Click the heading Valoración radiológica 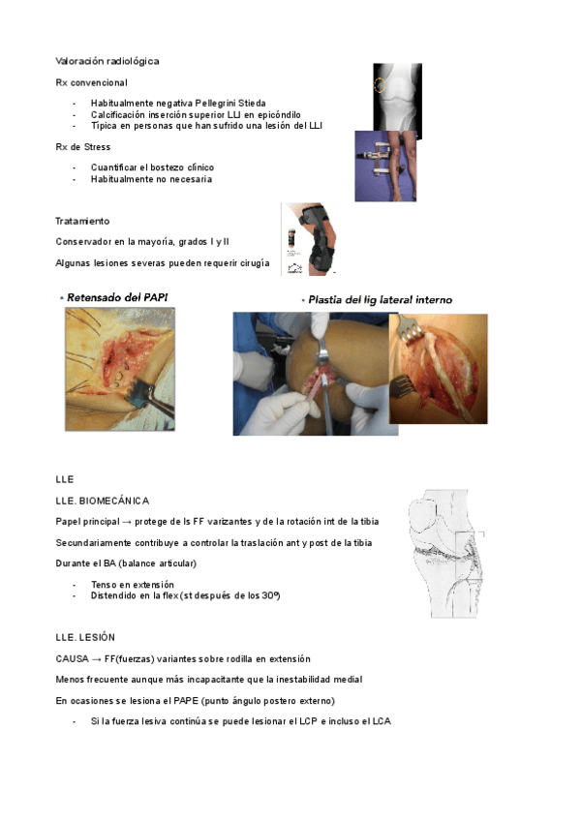click(x=107, y=61)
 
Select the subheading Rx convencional click(x=86, y=82)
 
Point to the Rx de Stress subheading click(x=83, y=146)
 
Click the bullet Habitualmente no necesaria click(x=150, y=179)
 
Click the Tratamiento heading click(x=82, y=222)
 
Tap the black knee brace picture click(x=312, y=239)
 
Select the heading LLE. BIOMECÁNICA click(x=103, y=501)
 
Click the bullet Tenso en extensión click(x=132, y=585)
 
